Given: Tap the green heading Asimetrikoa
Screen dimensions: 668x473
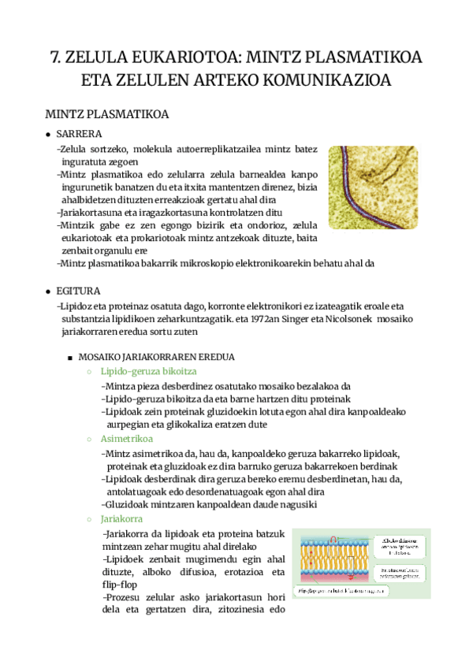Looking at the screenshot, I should pos(126,439).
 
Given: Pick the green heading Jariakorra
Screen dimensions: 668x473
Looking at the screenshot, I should pos(122,519).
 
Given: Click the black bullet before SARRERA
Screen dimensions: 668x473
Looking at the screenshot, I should pos(49,134).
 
